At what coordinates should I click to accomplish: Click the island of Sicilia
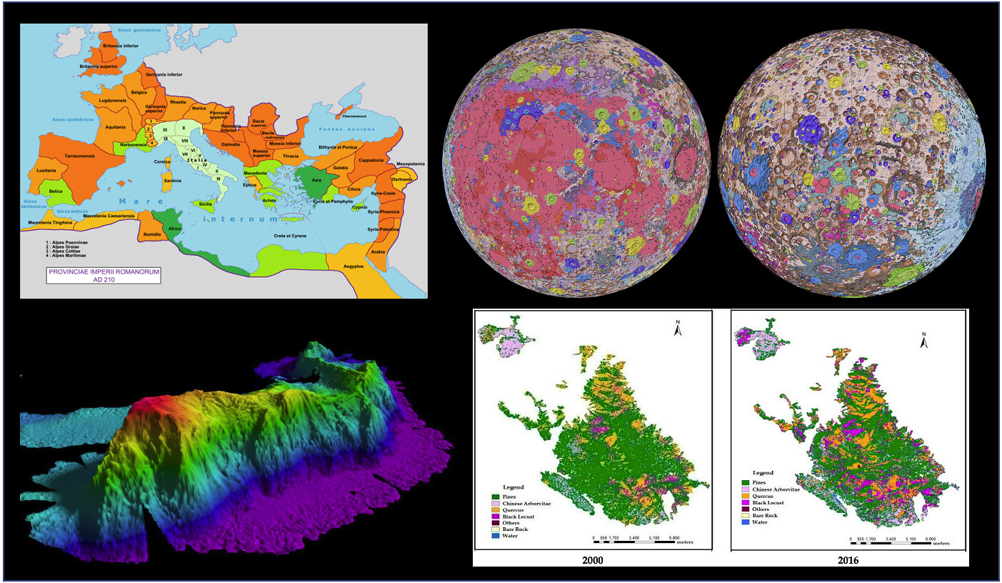(x=205, y=204)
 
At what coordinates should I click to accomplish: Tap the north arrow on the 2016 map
(x=923, y=340)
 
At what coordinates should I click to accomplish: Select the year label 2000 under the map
(x=592, y=560)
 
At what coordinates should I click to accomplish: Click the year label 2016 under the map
(x=848, y=561)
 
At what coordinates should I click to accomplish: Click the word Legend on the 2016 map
(x=763, y=473)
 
